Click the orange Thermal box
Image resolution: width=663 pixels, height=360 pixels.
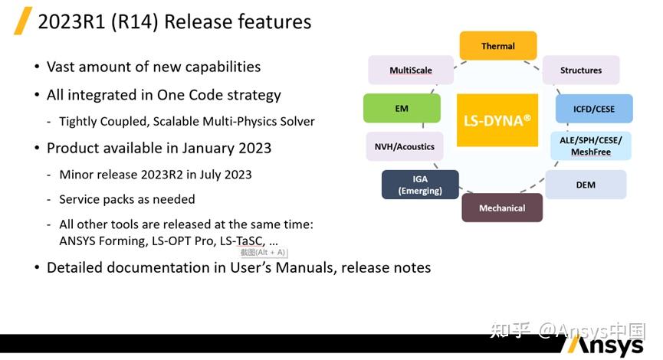498,46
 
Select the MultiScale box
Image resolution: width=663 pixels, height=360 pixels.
411,70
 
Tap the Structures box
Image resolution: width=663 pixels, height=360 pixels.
581,70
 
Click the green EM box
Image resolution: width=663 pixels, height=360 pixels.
402,109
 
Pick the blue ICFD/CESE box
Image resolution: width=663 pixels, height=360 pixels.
594,109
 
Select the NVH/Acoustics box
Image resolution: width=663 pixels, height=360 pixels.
405,146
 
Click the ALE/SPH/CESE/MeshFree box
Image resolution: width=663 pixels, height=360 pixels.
591,146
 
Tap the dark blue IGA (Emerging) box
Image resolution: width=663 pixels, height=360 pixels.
420,185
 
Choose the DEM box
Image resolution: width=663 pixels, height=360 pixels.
586,185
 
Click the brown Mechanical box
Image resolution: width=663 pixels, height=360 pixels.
502,208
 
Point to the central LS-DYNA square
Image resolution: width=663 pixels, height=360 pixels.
497,120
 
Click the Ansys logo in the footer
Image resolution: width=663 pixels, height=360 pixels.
606,345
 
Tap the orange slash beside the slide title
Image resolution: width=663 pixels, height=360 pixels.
23,21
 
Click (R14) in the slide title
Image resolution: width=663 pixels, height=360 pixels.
134,22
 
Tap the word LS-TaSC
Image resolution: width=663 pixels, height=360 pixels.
242,241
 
